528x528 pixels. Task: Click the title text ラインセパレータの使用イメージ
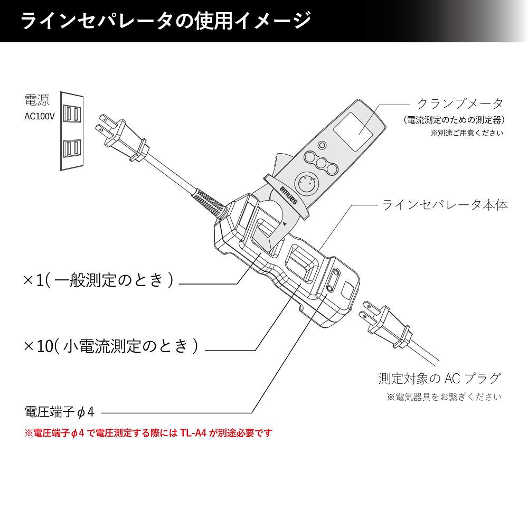(165, 21)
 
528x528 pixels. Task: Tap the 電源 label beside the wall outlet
(37, 100)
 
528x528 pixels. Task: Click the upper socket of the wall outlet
(72, 115)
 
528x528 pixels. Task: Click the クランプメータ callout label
(460, 103)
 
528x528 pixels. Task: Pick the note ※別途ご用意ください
(467, 133)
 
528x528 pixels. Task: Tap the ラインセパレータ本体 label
(445, 205)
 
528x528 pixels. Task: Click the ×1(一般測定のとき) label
(98, 280)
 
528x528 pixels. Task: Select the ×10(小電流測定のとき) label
(111, 346)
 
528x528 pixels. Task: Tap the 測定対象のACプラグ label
(439, 378)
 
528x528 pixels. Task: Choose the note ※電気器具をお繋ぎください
(444, 397)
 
